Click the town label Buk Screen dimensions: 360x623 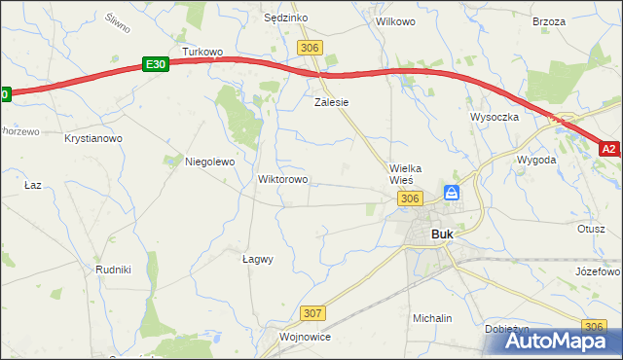442,234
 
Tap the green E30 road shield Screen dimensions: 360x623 155,63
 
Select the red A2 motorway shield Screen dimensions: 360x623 609,149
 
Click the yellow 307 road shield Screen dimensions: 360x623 312,313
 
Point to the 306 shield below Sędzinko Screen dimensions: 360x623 311,48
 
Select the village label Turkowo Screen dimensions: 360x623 203,52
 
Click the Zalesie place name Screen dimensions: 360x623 331,101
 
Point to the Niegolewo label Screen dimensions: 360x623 210,162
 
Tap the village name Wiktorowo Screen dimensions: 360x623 282,179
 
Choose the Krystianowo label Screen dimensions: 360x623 93,139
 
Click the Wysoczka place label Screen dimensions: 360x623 495,117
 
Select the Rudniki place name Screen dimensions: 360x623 113,270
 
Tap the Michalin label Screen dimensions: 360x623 432,318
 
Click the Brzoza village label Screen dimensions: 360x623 549,20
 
